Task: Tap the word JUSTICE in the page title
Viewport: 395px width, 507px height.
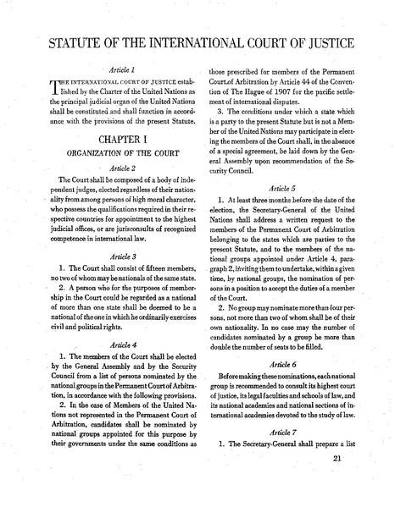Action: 323,44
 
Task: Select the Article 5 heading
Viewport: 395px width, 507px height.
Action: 285,213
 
